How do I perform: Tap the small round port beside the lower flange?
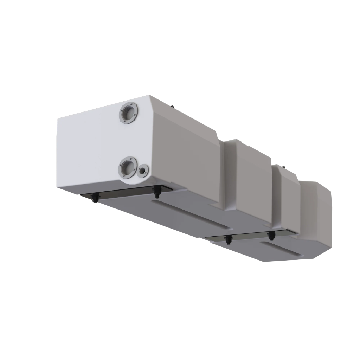click(142, 171)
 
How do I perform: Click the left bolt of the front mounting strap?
click(95, 198)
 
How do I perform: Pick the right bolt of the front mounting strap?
click(156, 191)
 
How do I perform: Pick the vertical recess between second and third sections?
click(275, 197)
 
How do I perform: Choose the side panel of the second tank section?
click(253, 183)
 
